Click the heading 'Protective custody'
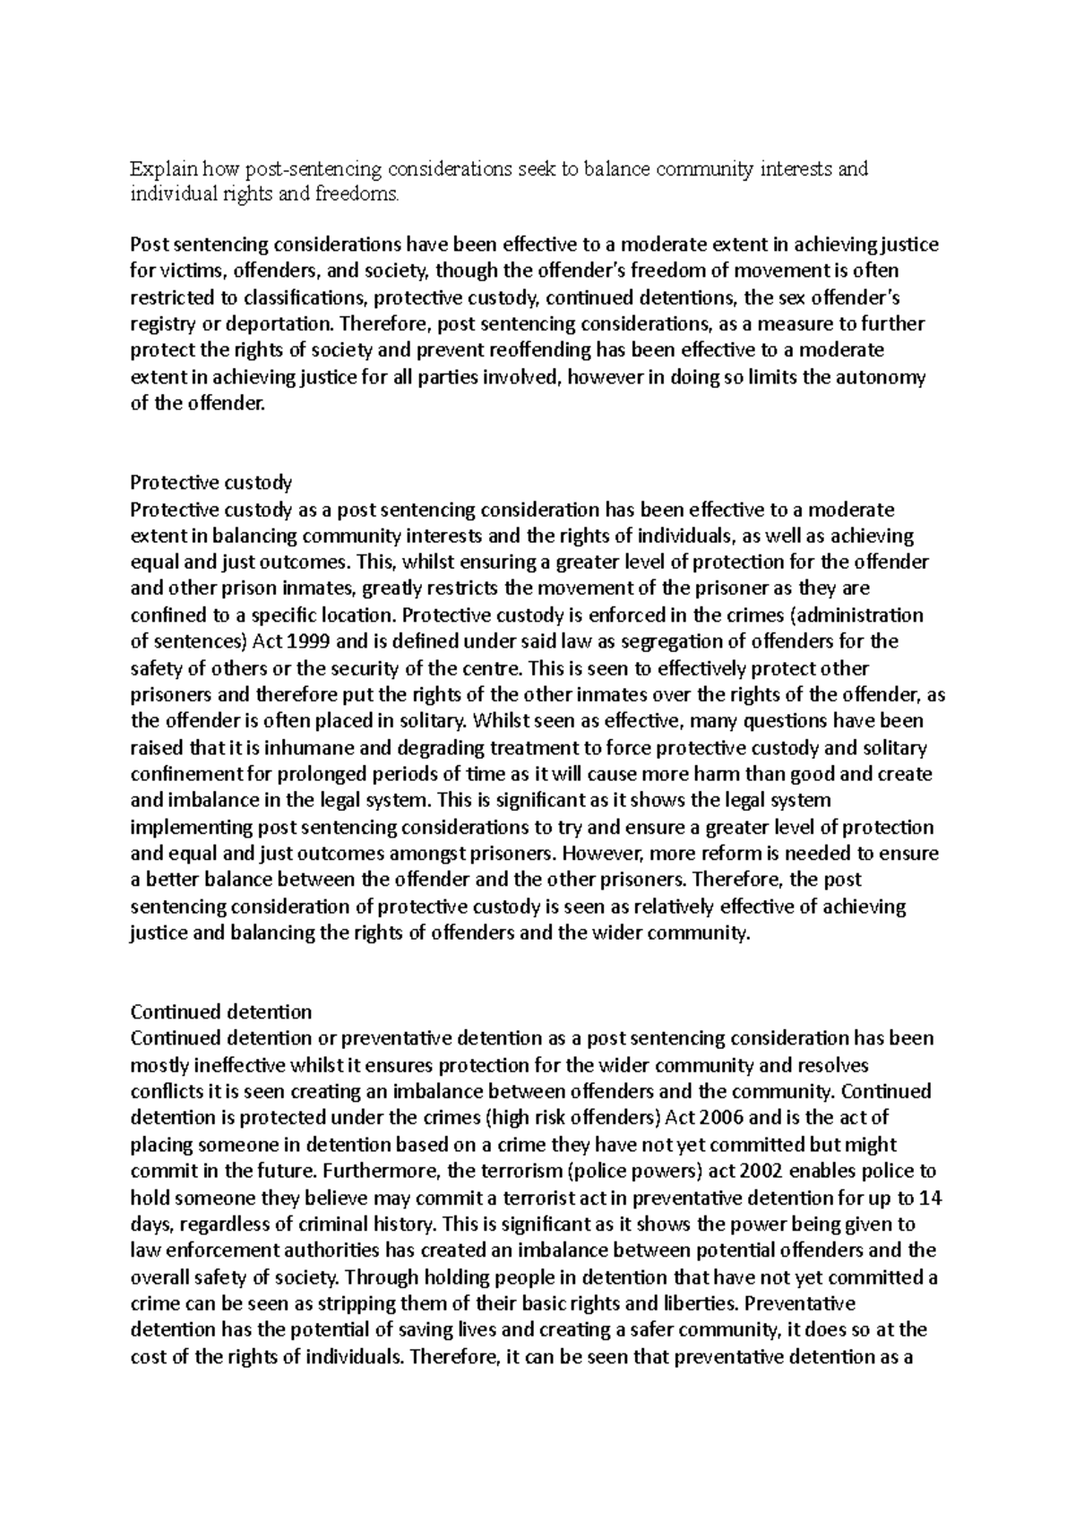click(211, 483)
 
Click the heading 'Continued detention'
click(220, 1011)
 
